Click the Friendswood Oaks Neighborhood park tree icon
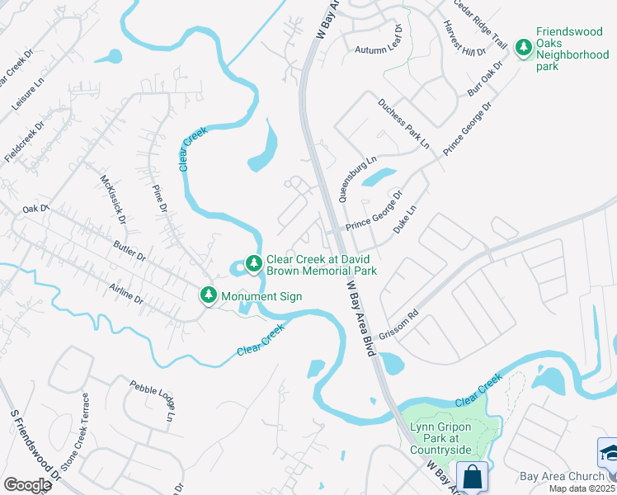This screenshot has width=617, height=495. [523, 48]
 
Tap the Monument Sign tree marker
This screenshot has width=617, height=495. [210, 295]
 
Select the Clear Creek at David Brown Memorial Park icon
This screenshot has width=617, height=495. [254, 264]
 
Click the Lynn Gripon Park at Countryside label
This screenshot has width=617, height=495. [441, 437]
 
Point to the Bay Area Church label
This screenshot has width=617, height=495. [563, 477]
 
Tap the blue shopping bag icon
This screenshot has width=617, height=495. [473, 478]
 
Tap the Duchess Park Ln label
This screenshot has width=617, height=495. [403, 124]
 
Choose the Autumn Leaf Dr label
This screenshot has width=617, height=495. [378, 49]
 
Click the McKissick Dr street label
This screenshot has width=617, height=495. [112, 200]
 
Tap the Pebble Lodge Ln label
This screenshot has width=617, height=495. [153, 401]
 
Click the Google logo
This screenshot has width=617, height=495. [28, 484]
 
